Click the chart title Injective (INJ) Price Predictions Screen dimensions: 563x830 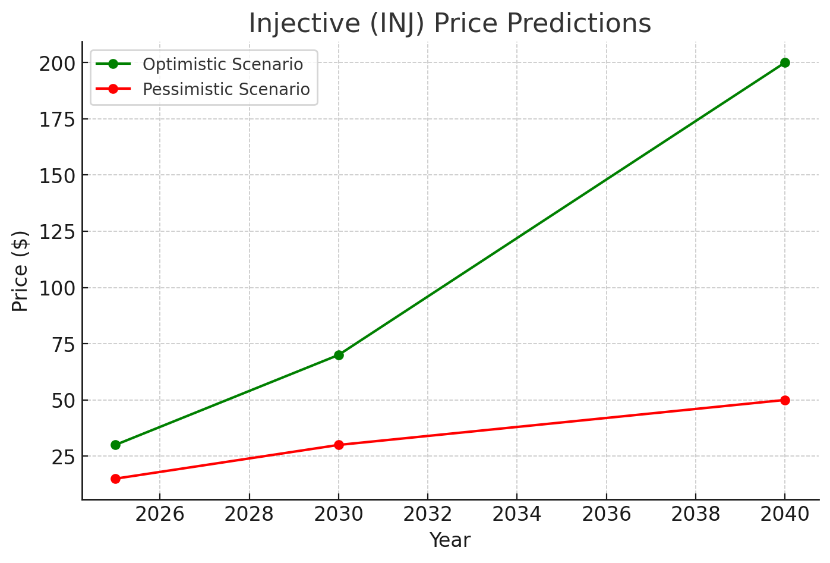(x=450, y=24)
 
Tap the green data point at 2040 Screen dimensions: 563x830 (x=785, y=62)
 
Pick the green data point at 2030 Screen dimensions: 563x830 (x=339, y=355)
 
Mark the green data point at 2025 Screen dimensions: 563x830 (x=115, y=445)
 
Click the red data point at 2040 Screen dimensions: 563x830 (x=785, y=400)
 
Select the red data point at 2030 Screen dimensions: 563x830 (x=339, y=445)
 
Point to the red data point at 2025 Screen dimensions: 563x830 (x=115, y=479)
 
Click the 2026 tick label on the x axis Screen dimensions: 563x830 (x=160, y=514)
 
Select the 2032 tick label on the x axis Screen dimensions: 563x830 (x=428, y=514)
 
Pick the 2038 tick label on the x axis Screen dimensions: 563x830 (x=696, y=514)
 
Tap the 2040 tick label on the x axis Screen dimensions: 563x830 (x=785, y=514)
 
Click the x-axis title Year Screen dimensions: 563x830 (x=450, y=540)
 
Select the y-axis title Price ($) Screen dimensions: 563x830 (x=20, y=271)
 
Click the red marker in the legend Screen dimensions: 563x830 (x=113, y=89)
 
